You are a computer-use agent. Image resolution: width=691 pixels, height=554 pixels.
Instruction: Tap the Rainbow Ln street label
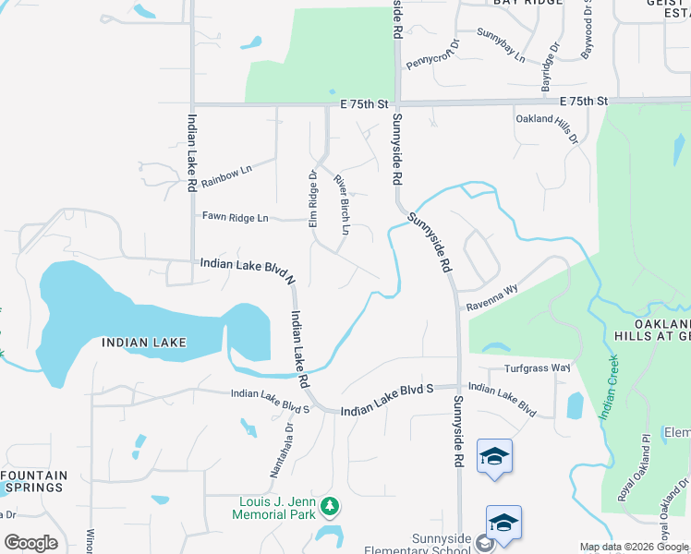(x=226, y=175)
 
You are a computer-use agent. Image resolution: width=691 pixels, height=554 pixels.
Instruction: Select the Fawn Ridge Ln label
(x=235, y=218)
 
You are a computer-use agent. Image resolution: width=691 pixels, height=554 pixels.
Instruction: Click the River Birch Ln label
(x=342, y=204)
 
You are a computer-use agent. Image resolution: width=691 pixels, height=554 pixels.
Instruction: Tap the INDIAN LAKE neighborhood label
(x=144, y=342)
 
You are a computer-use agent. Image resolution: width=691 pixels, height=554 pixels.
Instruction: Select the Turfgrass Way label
(x=538, y=367)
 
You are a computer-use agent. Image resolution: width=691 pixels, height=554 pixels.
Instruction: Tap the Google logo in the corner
(x=30, y=543)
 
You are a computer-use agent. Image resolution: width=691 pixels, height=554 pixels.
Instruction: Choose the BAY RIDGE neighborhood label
(x=527, y=3)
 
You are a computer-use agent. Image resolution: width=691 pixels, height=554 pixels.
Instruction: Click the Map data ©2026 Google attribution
(x=635, y=547)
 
